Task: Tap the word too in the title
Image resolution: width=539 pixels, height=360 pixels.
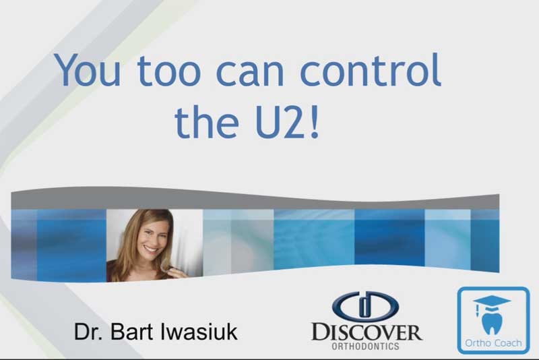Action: pyautogui.click(x=168, y=71)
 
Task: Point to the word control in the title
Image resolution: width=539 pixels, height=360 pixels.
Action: pyautogui.click(x=371, y=69)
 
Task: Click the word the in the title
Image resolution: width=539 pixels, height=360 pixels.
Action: pyautogui.click(x=207, y=121)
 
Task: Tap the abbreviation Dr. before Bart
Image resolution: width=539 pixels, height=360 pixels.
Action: pyautogui.click(x=88, y=332)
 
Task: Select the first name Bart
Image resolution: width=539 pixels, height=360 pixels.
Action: pyautogui.click(x=131, y=332)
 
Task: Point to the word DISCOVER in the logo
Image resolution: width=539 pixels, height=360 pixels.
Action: pyautogui.click(x=367, y=332)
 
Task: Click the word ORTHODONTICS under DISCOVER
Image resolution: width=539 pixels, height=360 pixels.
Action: pyautogui.click(x=365, y=346)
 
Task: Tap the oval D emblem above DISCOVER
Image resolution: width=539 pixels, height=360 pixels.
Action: pyautogui.click(x=365, y=305)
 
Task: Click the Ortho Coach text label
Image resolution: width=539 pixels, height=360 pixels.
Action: pyautogui.click(x=493, y=342)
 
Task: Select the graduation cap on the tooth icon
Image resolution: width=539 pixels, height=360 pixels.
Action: pyautogui.click(x=492, y=303)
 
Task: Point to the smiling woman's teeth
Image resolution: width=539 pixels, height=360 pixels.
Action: pyautogui.click(x=152, y=248)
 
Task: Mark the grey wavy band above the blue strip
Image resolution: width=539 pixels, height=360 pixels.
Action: pyautogui.click(x=255, y=199)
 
